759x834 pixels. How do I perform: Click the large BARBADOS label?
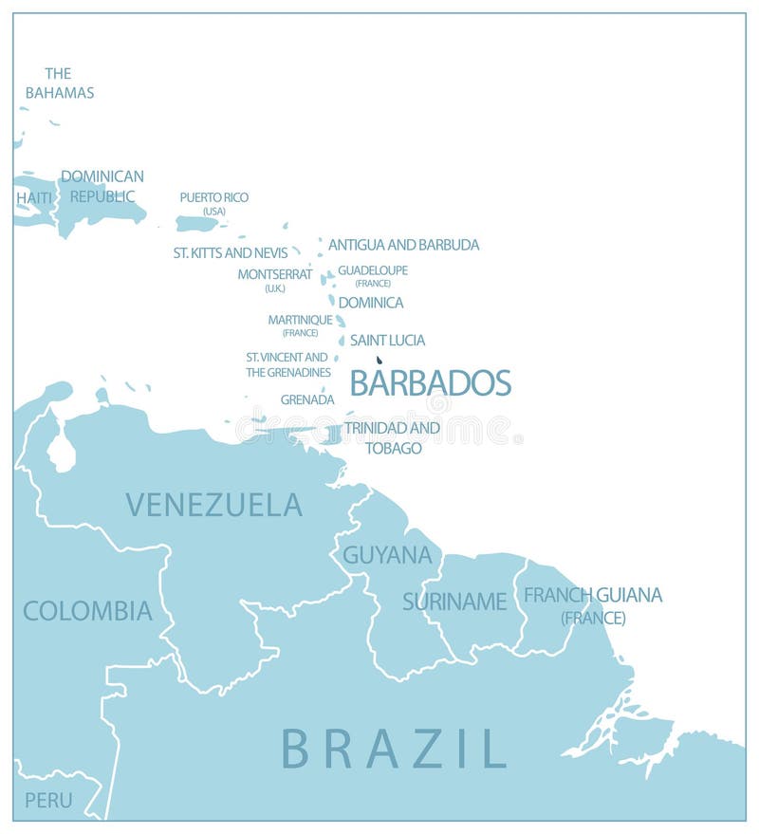pos(431,382)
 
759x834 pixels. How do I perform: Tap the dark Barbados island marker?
pos(379,361)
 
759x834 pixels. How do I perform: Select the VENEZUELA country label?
pos(213,505)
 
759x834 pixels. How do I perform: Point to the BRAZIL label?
pos(394,748)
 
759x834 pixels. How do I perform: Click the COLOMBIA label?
pos(87,611)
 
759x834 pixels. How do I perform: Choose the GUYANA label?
pos(387,555)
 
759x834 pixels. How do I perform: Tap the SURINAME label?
pos(454,601)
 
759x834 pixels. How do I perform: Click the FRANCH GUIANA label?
pos(593,595)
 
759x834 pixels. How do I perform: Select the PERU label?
pos(48,800)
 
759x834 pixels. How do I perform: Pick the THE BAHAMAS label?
pos(59,83)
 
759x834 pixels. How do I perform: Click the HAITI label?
pos(34,197)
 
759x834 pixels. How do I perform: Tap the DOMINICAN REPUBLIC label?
pos(102,186)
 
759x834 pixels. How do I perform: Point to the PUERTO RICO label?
pos(214,197)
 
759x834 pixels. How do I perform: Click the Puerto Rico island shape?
pos(197,224)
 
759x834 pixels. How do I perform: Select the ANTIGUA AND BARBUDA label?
pos(403,245)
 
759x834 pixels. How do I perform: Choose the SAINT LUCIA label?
pos(387,340)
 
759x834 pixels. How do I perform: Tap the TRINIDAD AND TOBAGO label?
pos(392,437)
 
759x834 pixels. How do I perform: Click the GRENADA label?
pos(307,399)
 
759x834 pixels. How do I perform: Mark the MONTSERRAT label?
pos(275,274)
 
